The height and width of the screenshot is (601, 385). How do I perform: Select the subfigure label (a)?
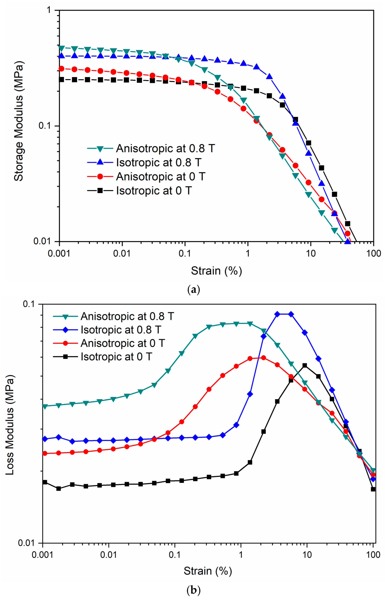(193, 290)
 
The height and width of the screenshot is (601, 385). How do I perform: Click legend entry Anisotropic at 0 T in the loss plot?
(123, 343)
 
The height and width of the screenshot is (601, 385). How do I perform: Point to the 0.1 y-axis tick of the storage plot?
(45, 126)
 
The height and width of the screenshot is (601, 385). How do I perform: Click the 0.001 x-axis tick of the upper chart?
(59, 253)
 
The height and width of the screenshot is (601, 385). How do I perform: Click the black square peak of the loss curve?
(305, 365)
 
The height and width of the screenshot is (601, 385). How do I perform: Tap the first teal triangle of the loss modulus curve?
(45, 407)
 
